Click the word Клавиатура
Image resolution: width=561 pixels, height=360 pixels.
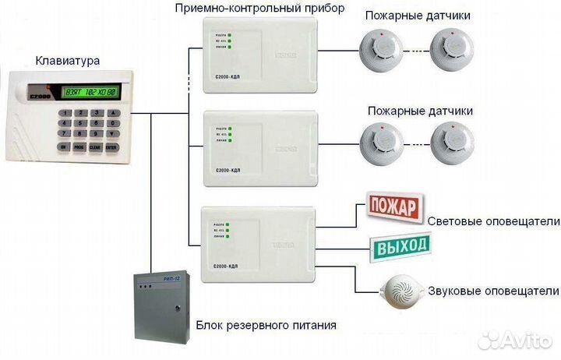click(68, 60)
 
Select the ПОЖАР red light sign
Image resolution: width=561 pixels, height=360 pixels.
click(393, 207)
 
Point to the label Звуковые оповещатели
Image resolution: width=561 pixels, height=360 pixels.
click(494, 291)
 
